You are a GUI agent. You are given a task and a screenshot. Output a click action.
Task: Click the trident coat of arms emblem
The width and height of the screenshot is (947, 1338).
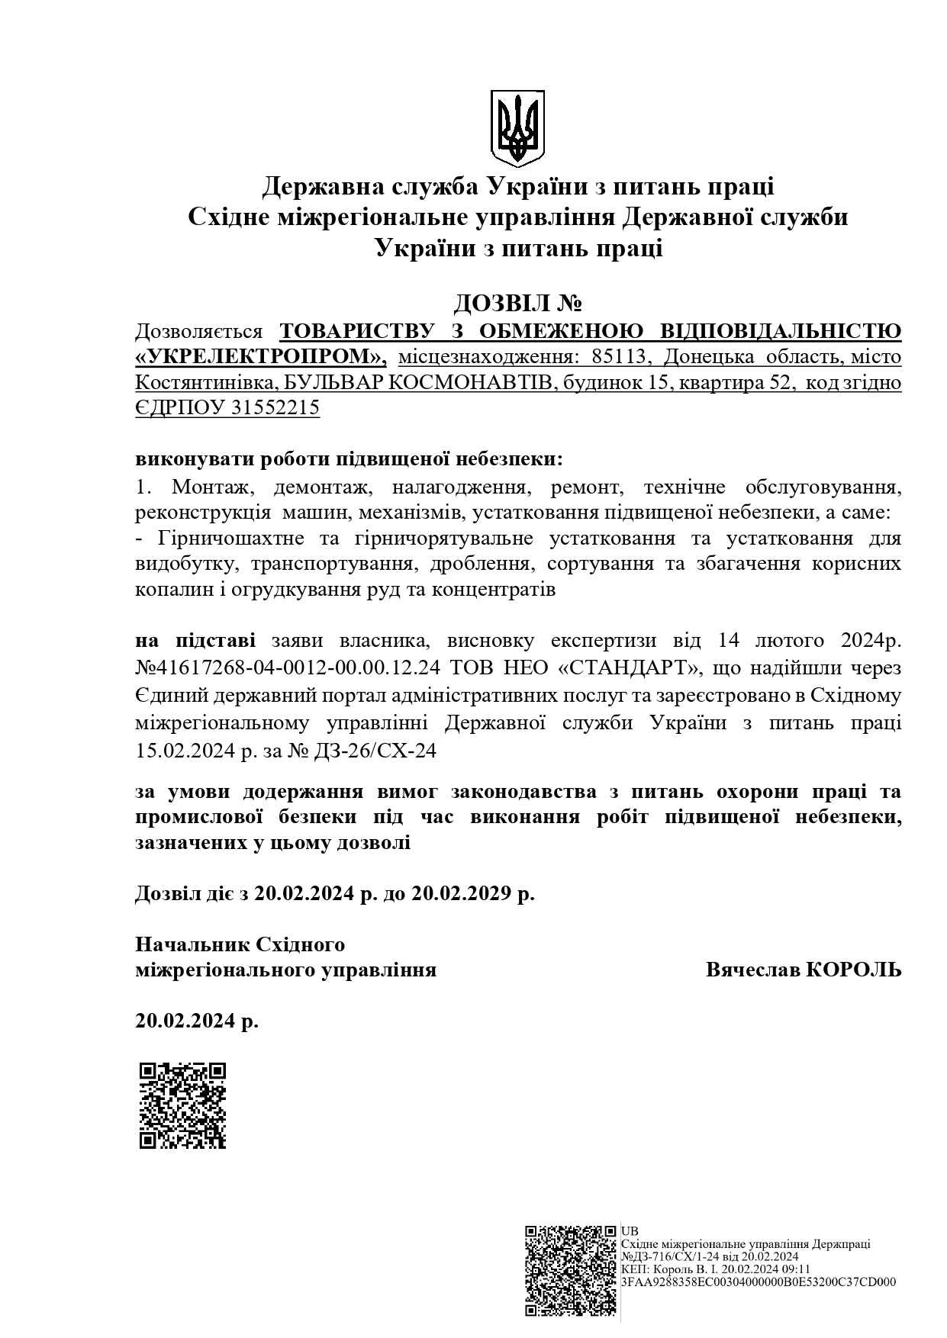(517, 128)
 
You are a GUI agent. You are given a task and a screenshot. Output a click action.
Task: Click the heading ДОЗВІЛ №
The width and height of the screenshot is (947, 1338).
(518, 304)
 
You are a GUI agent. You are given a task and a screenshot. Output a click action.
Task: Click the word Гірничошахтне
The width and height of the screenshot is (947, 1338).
(227, 539)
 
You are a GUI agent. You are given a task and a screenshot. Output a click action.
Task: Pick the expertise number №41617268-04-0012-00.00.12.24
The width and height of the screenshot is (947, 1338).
(288, 668)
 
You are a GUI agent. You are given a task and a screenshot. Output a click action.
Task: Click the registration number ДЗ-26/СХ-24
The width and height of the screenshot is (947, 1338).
(374, 751)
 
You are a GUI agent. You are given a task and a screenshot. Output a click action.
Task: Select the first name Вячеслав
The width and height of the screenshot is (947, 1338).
(752, 970)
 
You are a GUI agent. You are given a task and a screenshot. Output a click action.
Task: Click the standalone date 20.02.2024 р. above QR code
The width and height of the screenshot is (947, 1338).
(197, 1021)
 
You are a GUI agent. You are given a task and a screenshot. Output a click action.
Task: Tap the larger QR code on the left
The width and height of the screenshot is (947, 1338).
(183, 1105)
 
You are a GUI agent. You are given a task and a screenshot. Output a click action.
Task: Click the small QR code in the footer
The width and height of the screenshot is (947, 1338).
(570, 1270)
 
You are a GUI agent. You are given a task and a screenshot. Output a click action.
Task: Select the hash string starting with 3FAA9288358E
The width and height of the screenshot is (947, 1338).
(759, 1282)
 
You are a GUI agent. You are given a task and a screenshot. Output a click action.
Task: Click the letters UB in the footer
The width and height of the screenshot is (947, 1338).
(630, 1230)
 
